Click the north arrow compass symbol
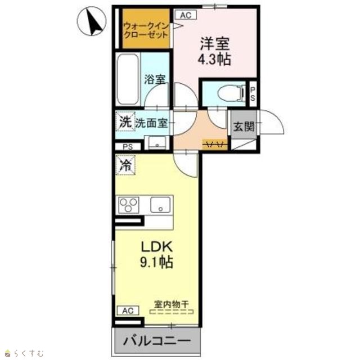[92, 21]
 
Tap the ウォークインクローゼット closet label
[146, 31]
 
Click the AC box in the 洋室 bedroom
[186, 15]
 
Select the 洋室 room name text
[215, 44]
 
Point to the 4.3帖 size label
[214, 60]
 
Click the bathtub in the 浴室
[128, 79]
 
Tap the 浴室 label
[155, 79]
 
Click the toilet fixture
[231, 93]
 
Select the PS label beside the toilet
[253, 94]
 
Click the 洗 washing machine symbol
[125, 121]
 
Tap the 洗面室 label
[151, 124]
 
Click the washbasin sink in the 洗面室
[157, 142]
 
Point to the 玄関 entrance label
[244, 126]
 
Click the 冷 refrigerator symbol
[125, 165]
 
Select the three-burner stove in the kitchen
[129, 205]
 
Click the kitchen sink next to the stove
[160, 205]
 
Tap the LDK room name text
[156, 247]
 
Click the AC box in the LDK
[128, 310]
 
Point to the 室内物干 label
[171, 304]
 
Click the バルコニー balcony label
[157, 341]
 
